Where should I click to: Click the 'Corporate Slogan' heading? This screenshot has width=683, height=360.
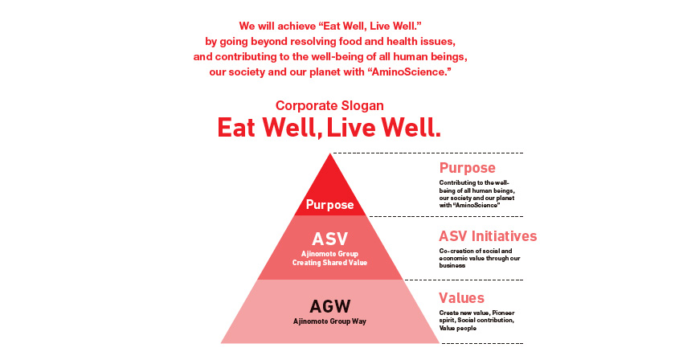click(329, 106)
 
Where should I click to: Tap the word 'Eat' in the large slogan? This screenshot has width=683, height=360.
click(236, 128)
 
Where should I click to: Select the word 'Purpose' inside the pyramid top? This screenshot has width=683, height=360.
click(329, 204)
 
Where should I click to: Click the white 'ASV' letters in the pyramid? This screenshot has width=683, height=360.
click(329, 239)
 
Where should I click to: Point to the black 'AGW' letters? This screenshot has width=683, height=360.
click(329, 306)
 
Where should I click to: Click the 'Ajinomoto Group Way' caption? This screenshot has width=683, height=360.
click(329, 321)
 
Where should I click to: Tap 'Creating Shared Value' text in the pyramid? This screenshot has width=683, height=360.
click(329, 263)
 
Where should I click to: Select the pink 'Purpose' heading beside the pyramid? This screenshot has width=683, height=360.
click(468, 168)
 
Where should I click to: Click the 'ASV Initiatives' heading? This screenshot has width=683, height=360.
click(488, 236)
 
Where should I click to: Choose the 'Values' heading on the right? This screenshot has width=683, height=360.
click(461, 298)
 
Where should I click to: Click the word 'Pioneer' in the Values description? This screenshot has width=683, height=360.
click(504, 313)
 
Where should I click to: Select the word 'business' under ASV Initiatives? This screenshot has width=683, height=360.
click(452, 265)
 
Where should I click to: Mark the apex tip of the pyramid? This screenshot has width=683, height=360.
click(330, 153)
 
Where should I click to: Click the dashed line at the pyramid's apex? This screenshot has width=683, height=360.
click(427, 153)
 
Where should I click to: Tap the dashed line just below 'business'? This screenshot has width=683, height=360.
click(464, 280)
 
